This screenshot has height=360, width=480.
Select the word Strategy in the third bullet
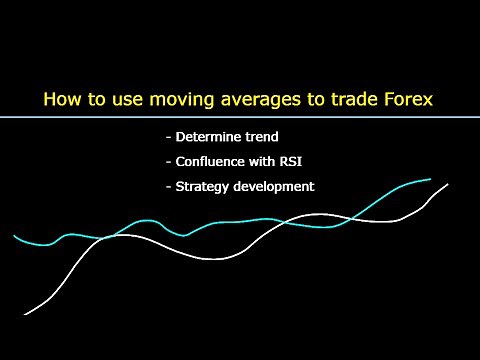[x=202, y=186]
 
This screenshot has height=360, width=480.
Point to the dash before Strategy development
[x=166, y=187]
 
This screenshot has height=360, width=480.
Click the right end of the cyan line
[x=431, y=180]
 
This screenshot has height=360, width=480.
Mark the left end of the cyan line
[x=15, y=236]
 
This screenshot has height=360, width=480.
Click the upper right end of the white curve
[x=448, y=184]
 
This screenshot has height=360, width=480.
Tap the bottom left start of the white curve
[x=25, y=314]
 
